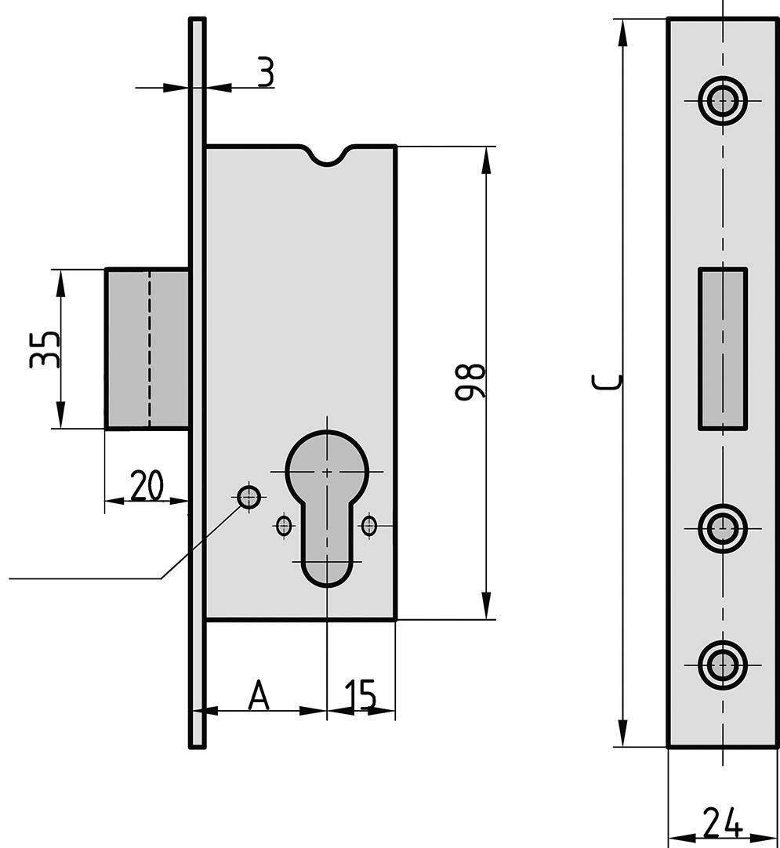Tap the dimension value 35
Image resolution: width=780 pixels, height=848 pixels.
click(x=45, y=349)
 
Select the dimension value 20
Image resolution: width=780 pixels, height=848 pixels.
click(x=147, y=485)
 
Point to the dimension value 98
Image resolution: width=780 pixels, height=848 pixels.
click(x=470, y=382)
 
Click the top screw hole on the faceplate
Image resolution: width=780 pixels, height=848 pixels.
click(x=722, y=100)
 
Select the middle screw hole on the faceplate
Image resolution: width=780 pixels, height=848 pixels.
click(x=722, y=528)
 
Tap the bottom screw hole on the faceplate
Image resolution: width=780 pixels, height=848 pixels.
click(x=722, y=665)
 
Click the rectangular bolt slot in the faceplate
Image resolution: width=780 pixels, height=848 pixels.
click(x=723, y=349)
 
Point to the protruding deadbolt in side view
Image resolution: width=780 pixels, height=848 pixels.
click(x=147, y=349)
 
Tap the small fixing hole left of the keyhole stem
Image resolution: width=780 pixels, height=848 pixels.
click(x=284, y=524)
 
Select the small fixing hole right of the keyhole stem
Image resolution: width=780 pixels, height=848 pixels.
click(x=369, y=524)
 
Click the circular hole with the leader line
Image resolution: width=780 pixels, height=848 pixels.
click(x=249, y=496)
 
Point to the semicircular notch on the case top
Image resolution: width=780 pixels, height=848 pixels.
click(x=326, y=156)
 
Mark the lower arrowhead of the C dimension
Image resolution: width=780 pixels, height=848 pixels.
click(x=623, y=733)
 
